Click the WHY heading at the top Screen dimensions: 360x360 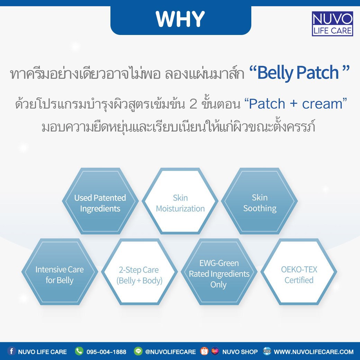pyautogui.click(x=180, y=19)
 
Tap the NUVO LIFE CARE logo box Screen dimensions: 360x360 pyautogui.click(x=332, y=24)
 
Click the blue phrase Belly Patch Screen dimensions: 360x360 pyautogui.click(x=298, y=72)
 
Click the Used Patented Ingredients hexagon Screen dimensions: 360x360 pyautogui.click(x=100, y=201)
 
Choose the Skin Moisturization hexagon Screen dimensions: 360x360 pyautogui.click(x=180, y=201)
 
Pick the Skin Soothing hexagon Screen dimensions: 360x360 pyautogui.click(x=260, y=201)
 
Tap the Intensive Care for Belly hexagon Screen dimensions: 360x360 pyautogui.click(x=60, y=272)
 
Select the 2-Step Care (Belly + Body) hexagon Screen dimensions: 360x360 pyautogui.click(x=139, y=272)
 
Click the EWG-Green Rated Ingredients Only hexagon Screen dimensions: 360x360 pyautogui.click(x=219, y=272)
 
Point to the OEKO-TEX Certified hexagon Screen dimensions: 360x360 pyautogui.click(x=299, y=272)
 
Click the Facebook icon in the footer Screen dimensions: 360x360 pyautogui.click(x=11, y=351)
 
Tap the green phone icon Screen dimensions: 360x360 pyautogui.click(x=79, y=351)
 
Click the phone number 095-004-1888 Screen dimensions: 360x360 pyautogui.click(x=106, y=352)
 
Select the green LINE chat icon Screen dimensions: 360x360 pyautogui.click(x=138, y=351)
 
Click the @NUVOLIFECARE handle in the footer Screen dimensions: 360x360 pyautogui.click(x=170, y=352)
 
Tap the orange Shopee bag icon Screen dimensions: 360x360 pyautogui.click(x=204, y=351)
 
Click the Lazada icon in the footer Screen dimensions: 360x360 pyautogui.click(x=215, y=351)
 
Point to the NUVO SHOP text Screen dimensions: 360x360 pyautogui.click(x=240, y=352)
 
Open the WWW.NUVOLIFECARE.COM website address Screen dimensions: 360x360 pyautogui.click(x=314, y=352)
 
